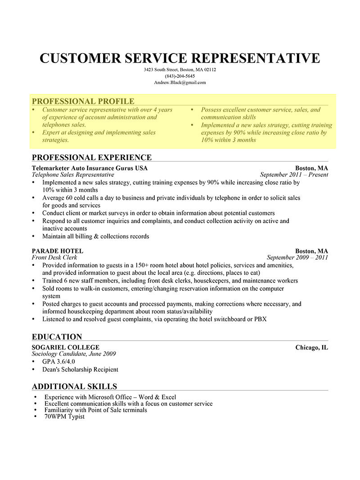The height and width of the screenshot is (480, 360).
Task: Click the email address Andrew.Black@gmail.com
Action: (180, 83)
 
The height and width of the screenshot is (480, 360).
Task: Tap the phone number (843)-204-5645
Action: (180, 76)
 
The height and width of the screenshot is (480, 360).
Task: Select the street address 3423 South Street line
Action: (180, 70)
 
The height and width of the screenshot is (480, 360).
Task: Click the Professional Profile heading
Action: (83, 101)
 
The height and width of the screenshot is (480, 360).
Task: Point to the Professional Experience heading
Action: (92, 157)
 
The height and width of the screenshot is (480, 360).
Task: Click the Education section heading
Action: (57, 336)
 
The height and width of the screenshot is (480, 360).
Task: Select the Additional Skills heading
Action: (75, 386)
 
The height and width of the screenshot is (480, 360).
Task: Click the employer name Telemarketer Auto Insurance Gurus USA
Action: (90, 168)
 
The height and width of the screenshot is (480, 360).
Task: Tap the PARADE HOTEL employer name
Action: (58, 251)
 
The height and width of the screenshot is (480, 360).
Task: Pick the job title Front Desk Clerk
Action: (54, 258)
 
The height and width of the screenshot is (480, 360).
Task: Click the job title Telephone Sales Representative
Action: (73, 175)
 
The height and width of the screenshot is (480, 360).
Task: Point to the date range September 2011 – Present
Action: (294, 175)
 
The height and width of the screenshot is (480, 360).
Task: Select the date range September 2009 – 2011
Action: (297, 258)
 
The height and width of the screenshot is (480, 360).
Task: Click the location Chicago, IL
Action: (311, 347)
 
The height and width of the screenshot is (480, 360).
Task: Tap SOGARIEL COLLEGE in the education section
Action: (66, 347)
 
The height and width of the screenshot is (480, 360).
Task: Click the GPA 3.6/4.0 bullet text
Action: (58, 362)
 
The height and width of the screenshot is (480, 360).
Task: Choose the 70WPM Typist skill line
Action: (64, 417)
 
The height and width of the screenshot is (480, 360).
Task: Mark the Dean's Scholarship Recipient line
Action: (80, 369)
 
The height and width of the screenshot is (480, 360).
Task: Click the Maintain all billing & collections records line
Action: (95, 236)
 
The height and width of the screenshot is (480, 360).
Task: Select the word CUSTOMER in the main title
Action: (81, 58)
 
